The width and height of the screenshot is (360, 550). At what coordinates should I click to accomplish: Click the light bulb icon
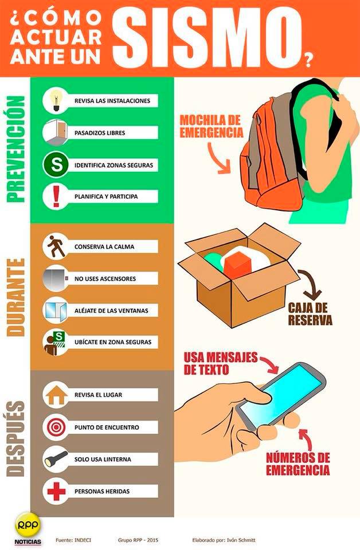(56, 100)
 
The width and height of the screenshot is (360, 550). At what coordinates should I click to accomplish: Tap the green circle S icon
(56, 164)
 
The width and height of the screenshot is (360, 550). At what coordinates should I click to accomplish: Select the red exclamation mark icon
(56, 197)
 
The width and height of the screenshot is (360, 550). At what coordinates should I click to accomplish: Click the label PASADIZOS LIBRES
(100, 133)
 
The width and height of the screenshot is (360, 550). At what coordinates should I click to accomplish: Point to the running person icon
(56, 246)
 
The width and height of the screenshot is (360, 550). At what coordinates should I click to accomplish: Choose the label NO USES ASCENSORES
(105, 279)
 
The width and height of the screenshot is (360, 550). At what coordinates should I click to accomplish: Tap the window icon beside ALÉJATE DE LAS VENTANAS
(56, 311)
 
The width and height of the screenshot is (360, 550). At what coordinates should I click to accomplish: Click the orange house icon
(56, 395)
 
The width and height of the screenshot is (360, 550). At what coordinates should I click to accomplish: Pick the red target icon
(56, 427)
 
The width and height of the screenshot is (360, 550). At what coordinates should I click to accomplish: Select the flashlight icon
(56, 458)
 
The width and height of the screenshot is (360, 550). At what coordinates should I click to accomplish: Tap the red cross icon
(56, 491)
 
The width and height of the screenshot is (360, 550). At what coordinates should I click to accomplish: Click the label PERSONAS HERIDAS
(102, 492)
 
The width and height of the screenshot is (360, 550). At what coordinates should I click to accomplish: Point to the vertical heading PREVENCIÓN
(16, 149)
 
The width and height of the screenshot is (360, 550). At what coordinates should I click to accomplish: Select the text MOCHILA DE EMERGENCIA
(211, 126)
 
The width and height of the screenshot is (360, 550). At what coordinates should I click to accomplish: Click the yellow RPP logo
(28, 525)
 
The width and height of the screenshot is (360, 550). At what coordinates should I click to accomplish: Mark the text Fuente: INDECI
(73, 540)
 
